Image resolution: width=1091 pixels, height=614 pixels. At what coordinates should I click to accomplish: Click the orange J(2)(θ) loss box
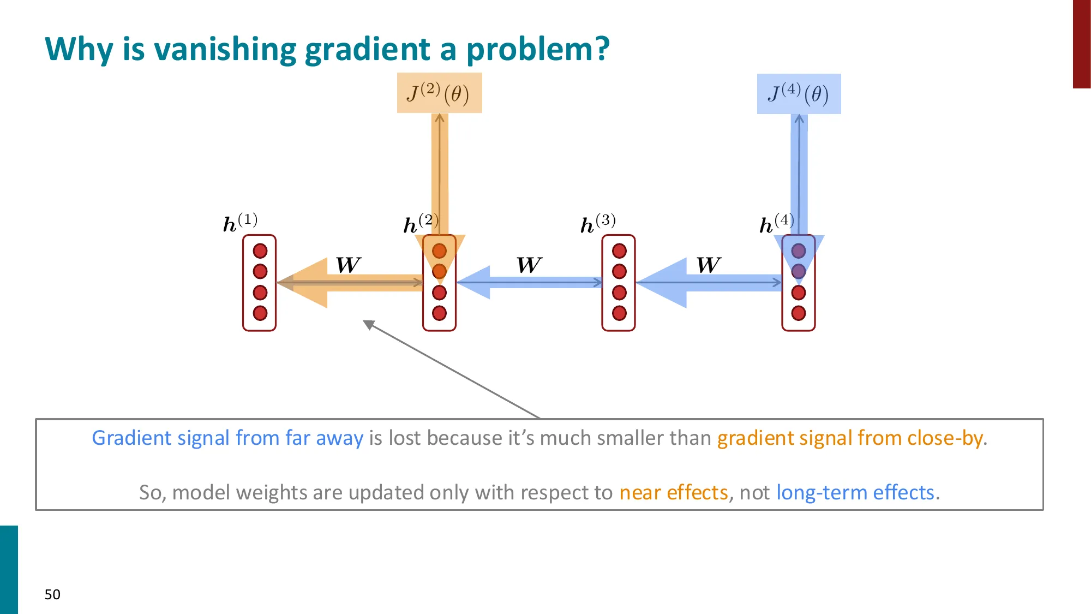point(439,93)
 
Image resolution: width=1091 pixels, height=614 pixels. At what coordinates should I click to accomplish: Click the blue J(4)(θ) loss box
point(799,94)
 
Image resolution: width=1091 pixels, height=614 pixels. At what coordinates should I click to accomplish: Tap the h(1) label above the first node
point(240,222)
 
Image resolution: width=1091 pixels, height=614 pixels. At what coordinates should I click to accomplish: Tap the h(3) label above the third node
point(598,223)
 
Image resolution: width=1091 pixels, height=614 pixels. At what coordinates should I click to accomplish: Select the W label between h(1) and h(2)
point(348,265)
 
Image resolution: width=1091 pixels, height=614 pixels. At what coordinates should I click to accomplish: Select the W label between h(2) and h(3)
point(529,265)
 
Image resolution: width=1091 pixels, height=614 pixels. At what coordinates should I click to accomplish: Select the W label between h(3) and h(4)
point(709,265)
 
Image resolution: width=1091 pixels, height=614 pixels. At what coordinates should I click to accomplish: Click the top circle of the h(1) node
point(260,251)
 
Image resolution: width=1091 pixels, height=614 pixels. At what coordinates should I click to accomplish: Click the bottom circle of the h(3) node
point(619,313)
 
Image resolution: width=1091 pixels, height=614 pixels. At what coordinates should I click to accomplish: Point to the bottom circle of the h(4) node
point(799,313)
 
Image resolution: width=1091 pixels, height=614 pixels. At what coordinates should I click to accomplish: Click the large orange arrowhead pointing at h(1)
point(305,283)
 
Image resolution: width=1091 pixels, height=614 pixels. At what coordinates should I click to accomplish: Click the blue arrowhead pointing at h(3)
point(663,283)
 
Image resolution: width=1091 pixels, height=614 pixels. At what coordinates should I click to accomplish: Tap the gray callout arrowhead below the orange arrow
point(369,325)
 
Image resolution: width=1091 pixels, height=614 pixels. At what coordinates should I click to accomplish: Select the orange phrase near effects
point(674,492)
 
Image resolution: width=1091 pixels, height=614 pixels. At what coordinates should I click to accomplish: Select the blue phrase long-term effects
point(855,492)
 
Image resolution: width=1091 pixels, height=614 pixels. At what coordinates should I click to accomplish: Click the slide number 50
point(52,594)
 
